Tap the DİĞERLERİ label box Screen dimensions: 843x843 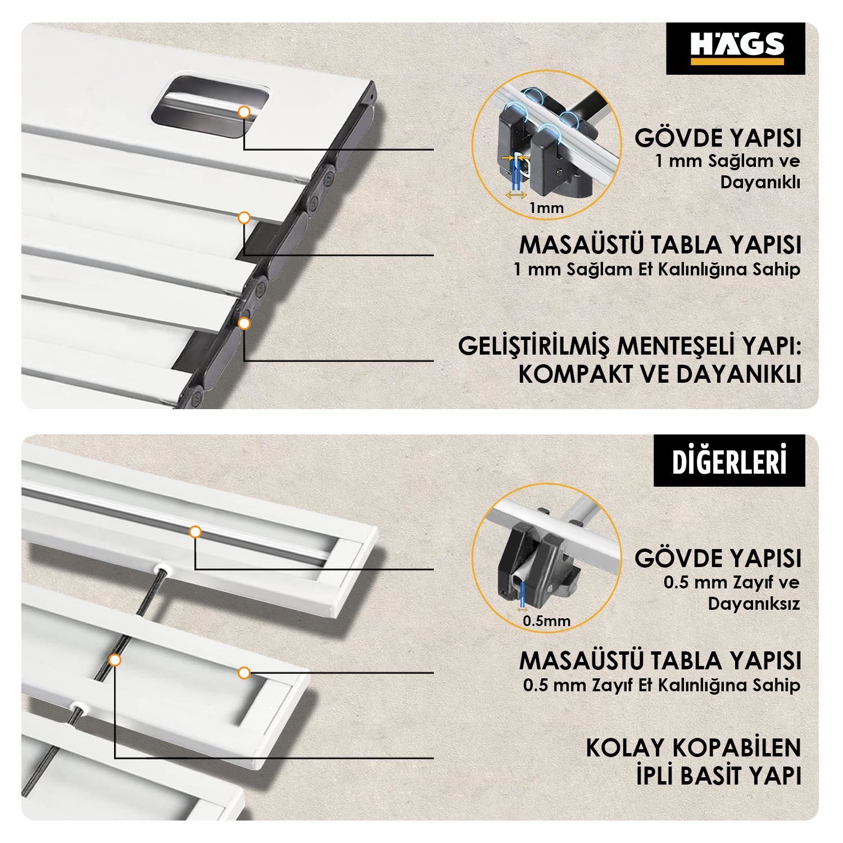[x=729, y=461]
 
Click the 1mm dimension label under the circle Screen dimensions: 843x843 [x=546, y=208]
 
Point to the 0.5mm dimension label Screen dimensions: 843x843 [x=546, y=621]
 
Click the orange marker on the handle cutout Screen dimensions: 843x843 [x=244, y=112]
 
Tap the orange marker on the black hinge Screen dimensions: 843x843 [x=244, y=323]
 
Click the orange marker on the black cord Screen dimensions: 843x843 [x=115, y=660]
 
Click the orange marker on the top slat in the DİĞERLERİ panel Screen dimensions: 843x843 [x=195, y=531]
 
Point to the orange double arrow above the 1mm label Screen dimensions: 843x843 [x=515, y=195]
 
